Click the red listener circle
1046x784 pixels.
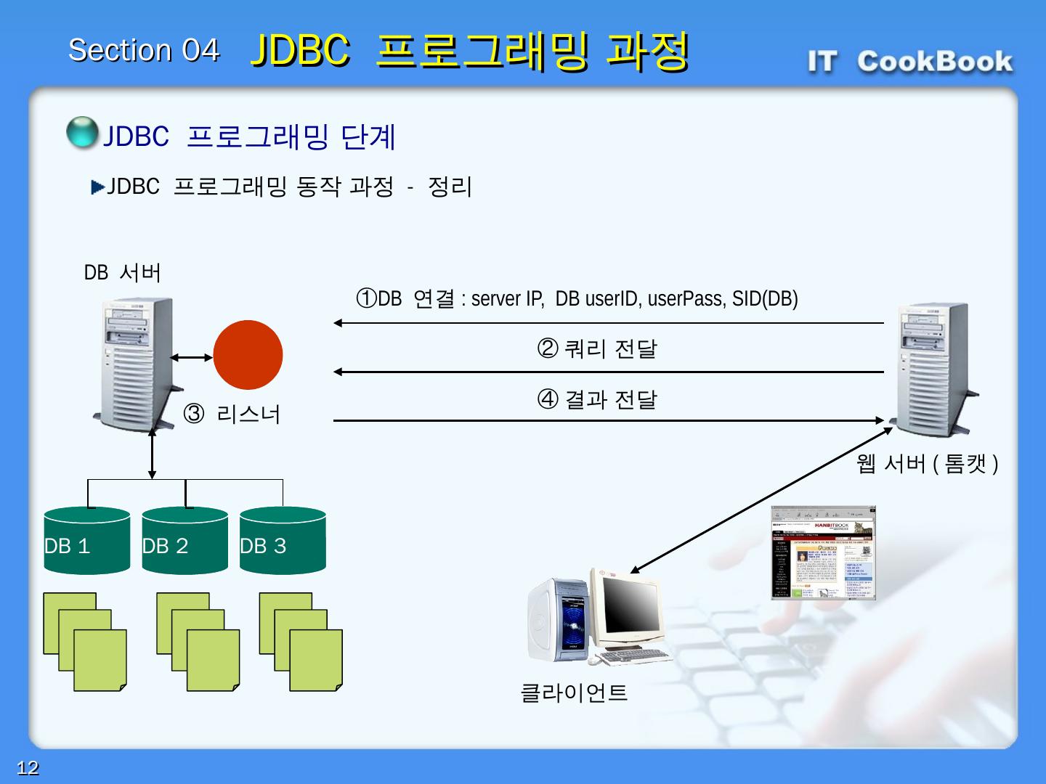click(x=248, y=355)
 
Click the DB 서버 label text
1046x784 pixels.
click(x=122, y=273)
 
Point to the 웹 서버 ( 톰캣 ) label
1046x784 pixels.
click(x=927, y=463)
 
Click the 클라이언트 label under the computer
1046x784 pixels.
click(x=574, y=693)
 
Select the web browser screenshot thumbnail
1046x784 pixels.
click(x=823, y=553)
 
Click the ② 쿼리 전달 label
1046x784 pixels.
click(x=596, y=349)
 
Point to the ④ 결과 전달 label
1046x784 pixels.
click(x=596, y=399)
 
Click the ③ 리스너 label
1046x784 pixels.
click(x=232, y=415)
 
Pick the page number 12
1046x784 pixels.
click(x=28, y=768)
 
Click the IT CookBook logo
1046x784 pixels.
click(x=910, y=62)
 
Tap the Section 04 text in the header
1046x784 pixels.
click(x=143, y=50)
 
